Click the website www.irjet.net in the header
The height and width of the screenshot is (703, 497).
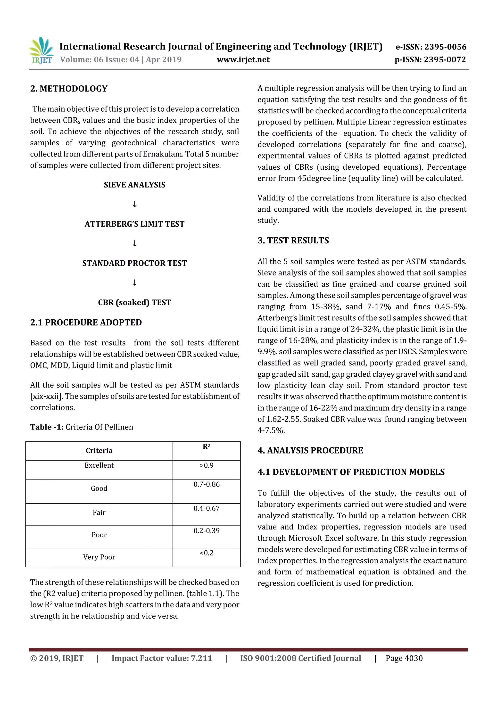(x=243, y=60)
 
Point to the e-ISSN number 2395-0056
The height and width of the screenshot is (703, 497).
(x=431, y=47)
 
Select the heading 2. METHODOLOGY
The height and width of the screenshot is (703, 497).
(x=69, y=89)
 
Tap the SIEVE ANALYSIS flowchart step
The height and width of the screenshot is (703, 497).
(x=134, y=185)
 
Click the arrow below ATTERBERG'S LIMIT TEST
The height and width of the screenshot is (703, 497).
(x=134, y=243)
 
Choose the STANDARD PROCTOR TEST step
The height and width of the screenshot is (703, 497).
(x=134, y=263)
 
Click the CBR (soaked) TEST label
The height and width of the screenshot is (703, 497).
(x=134, y=303)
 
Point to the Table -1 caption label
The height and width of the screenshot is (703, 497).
(x=47, y=427)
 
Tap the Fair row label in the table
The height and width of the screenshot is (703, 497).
(x=99, y=513)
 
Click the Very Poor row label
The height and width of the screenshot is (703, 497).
(x=99, y=557)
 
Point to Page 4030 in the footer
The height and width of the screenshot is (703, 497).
(x=404, y=658)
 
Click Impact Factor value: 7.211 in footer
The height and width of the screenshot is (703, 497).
(x=162, y=658)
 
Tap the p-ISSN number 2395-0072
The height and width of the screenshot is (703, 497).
(x=430, y=60)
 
